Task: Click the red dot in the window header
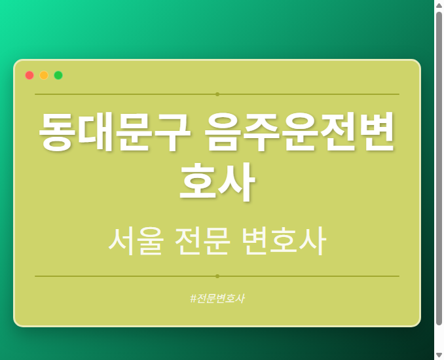click(x=29, y=75)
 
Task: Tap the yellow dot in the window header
click(x=44, y=75)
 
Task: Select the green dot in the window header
click(x=58, y=75)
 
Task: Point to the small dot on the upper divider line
click(x=217, y=94)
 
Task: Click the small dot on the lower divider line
click(x=217, y=276)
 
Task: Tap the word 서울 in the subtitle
click(x=136, y=242)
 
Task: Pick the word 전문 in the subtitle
click(x=202, y=242)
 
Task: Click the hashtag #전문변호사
click(x=217, y=298)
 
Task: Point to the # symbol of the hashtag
click(x=193, y=298)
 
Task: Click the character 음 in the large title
click(x=224, y=132)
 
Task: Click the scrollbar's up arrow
click(x=439, y=5)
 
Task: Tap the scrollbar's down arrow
click(x=439, y=355)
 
